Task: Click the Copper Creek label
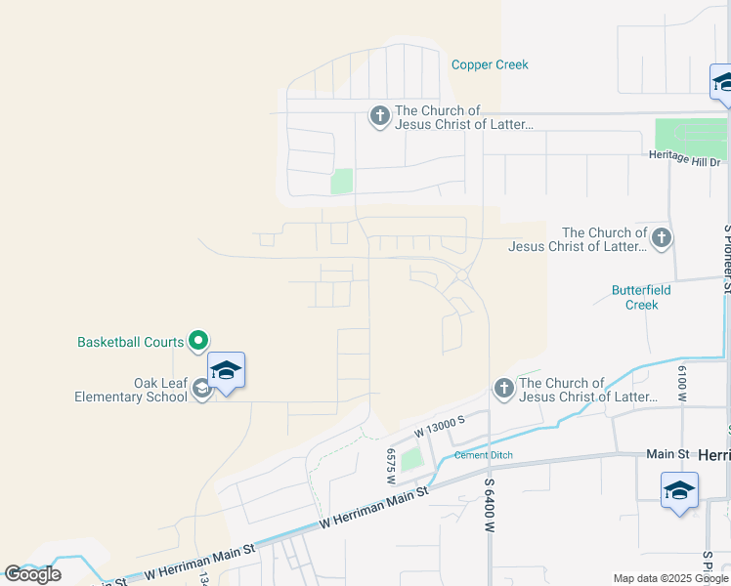[x=490, y=64]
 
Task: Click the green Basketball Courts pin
[x=198, y=341]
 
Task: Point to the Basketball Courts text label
[x=131, y=342]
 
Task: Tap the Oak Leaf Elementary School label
[x=131, y=390]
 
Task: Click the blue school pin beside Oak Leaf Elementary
[x=226, y=371]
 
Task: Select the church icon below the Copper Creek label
[x=379, y=116]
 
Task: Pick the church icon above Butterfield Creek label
[x=662, y=237]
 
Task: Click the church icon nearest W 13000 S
[x=503, y=388]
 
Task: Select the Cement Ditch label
[x=484, y=455]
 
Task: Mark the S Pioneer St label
[x=726, y=259]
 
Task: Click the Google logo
[x=32, y=574]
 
